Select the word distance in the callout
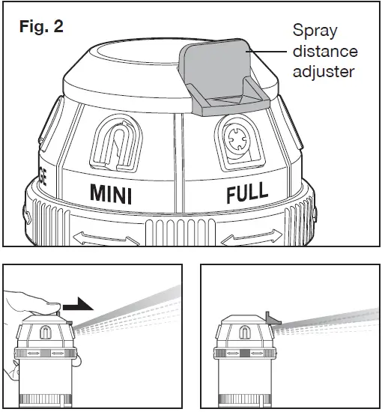(324, 52)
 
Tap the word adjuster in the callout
(324, 72)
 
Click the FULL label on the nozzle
(248, 193)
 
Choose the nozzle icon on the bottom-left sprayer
(46, 333)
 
